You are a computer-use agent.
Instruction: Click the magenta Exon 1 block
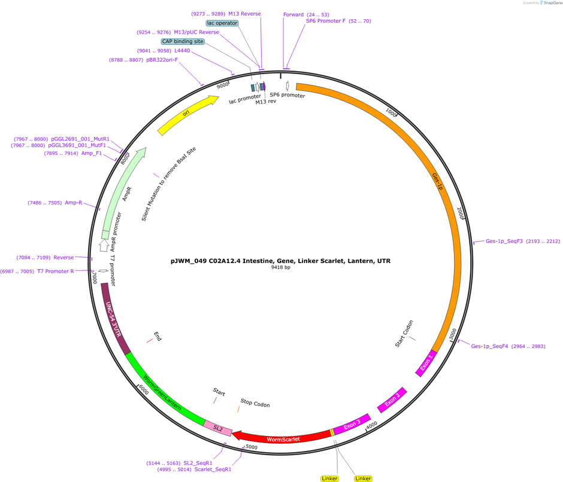(426, 363)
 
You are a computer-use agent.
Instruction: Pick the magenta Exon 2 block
(392, 400)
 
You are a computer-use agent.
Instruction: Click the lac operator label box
(222, 23)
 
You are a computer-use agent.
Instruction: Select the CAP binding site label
(183, 41)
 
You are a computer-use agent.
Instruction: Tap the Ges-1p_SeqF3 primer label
(504, 241)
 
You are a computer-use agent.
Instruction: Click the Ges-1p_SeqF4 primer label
(489, 346)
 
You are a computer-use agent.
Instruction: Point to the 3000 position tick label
(453, 334)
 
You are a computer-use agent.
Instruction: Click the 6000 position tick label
(143, 389)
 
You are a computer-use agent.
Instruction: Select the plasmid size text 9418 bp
(280, 267)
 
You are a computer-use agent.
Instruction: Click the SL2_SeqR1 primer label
(198, 463)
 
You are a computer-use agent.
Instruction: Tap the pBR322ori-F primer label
(162, 60)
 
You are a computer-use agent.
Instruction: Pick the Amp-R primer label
(73, 203)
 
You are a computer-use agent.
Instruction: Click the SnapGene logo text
(552, 3)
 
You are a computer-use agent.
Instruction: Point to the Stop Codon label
(255, 403)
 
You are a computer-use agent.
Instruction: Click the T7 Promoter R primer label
(56, 271)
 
